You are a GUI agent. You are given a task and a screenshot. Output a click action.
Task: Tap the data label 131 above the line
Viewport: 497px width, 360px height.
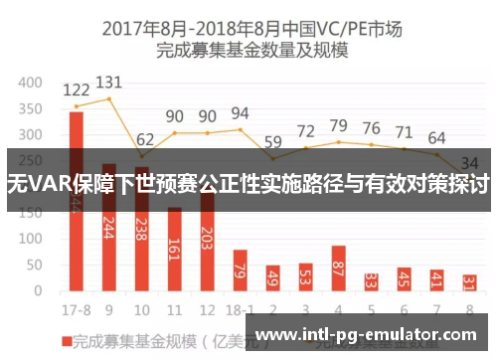(x=109, y=83)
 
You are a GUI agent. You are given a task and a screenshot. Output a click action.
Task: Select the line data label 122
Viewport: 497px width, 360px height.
(x=76, y=91)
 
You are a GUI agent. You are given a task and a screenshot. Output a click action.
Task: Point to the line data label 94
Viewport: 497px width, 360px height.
(x=240, y=114)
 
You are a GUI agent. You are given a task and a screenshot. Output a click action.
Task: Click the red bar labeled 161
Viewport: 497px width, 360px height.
(x=175, y=249)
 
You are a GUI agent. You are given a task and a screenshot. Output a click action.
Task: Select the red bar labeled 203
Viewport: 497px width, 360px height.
(x=207, y=243)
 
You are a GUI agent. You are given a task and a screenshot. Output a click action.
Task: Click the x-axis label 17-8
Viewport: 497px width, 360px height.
(x=76, y=309)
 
